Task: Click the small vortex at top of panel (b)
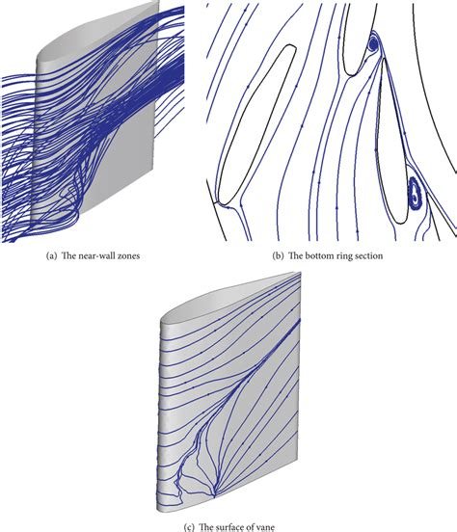tap(373, 43)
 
